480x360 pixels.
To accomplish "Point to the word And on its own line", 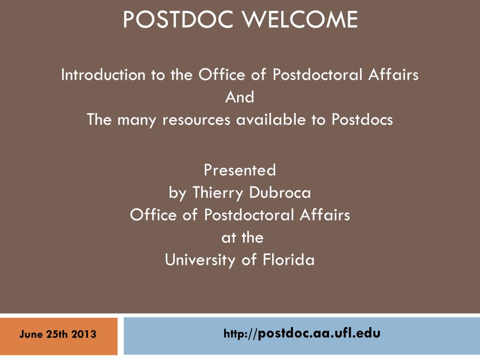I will pyautogui.click(x=240, y=97).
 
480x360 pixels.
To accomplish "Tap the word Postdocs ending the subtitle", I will pyautogui.click(x=362, y=120).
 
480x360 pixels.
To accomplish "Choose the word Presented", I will pyautogui.click(x=240, y=170).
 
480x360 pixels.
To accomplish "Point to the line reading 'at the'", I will pyautogui.click(x=242, y=238).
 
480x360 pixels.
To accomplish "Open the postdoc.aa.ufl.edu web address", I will pyautogui.click(x=319, y=333).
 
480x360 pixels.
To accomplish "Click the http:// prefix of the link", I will pyautogui.click(x=240, y=334).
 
